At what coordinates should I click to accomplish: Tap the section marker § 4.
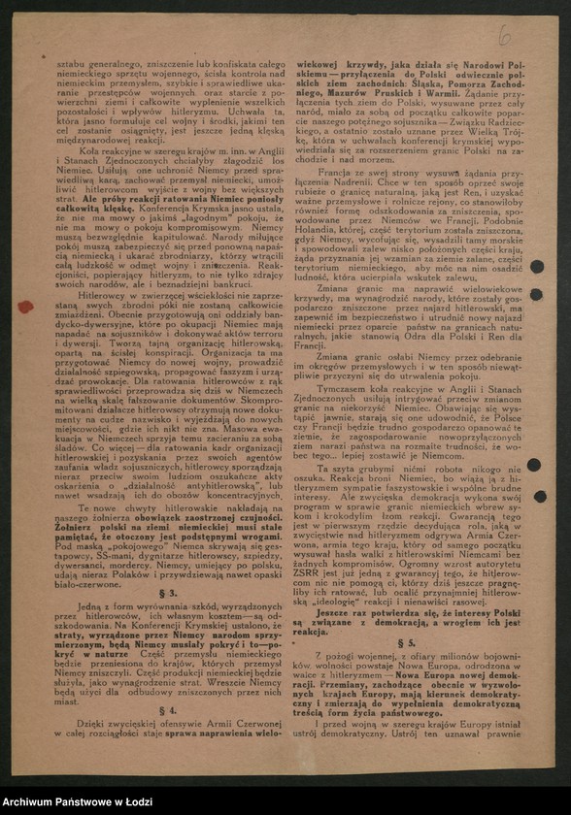pyautogui.click(x=168, y=710)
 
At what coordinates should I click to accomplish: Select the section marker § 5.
pyautogui.click(x=406, y=642)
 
